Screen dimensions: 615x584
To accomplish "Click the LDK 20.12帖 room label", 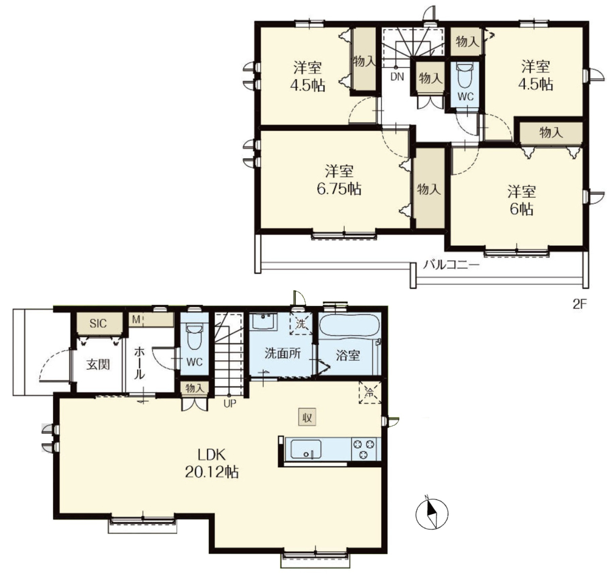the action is (x=212, y=463).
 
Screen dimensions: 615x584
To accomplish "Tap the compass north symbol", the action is (x=432, y=513).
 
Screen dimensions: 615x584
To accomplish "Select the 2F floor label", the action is (x=579, y=304).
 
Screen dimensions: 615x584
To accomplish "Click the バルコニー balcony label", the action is (x=451, y=265).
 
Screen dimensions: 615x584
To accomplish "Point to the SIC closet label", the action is (x=97, y=324).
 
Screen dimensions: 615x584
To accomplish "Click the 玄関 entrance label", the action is (x=98, y=364).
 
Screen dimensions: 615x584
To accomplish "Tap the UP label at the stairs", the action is (x=230, y=403).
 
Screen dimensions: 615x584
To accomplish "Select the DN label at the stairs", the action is (x=397, y=77).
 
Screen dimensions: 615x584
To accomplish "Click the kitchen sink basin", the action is (x=306, y=449).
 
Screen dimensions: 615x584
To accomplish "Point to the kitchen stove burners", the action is (x=364, y=449).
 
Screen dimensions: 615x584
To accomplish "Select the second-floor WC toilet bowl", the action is (x=465, y=76).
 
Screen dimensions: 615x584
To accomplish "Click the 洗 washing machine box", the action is (x=301, y=324).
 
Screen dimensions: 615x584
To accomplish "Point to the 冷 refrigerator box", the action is (x=370, y=392).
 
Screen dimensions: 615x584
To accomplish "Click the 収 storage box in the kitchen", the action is (x=307, y=418).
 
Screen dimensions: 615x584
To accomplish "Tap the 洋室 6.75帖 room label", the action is (x=339, y=180).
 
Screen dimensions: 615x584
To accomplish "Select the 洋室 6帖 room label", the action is (x=521, y=201).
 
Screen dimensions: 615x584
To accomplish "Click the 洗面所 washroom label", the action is (x=283, y=353).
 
